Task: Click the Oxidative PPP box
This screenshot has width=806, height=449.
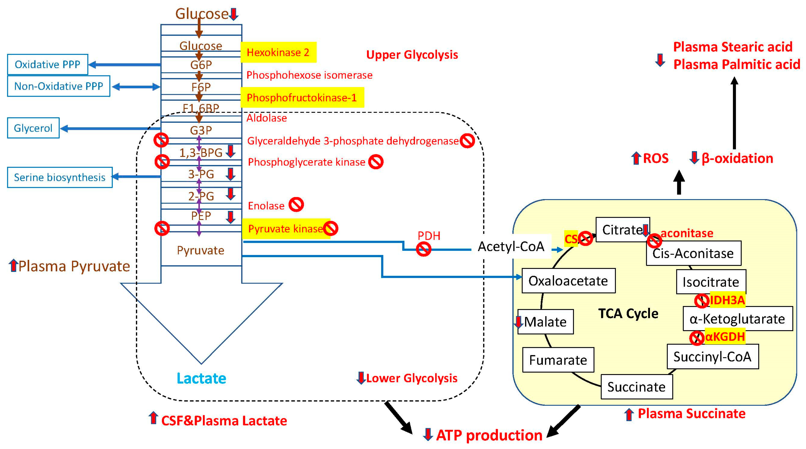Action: tap(48, 65)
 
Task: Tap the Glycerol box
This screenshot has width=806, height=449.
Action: tap(33, 128)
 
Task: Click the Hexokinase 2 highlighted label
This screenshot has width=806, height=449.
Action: tap(278, 52)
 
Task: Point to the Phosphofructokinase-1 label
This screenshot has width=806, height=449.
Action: tap(302, 98)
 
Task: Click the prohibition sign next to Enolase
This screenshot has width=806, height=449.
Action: tap(296, 205)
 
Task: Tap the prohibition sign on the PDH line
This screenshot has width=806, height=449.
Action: tap(424, 249)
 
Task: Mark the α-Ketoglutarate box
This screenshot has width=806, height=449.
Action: tap(737, 319)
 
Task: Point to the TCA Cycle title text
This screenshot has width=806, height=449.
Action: tap(628, 313)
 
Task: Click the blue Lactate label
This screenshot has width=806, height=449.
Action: tap(201, 378)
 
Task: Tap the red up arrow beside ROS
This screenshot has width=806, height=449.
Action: tap(636, 158)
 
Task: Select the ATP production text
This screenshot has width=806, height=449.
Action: tap(489, 435)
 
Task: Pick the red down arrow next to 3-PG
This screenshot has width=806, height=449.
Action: tap(231, 174)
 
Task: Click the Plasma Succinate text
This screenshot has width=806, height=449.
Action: tap(691, 414)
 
